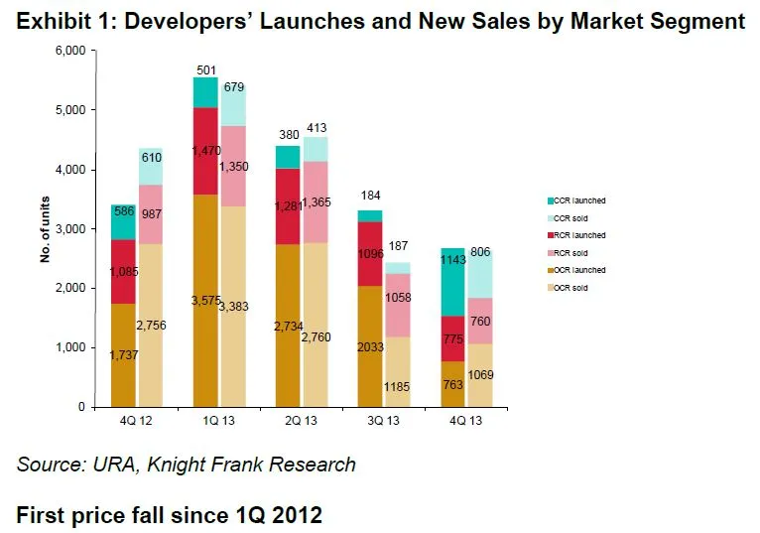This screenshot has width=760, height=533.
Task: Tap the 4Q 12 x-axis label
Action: pyautogui.click(x=134, y=420)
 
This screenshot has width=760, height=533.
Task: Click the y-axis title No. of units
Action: pyautogui.click(x=45, y=229)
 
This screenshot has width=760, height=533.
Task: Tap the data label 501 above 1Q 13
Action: pyautogui.click(x=205, y=69)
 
